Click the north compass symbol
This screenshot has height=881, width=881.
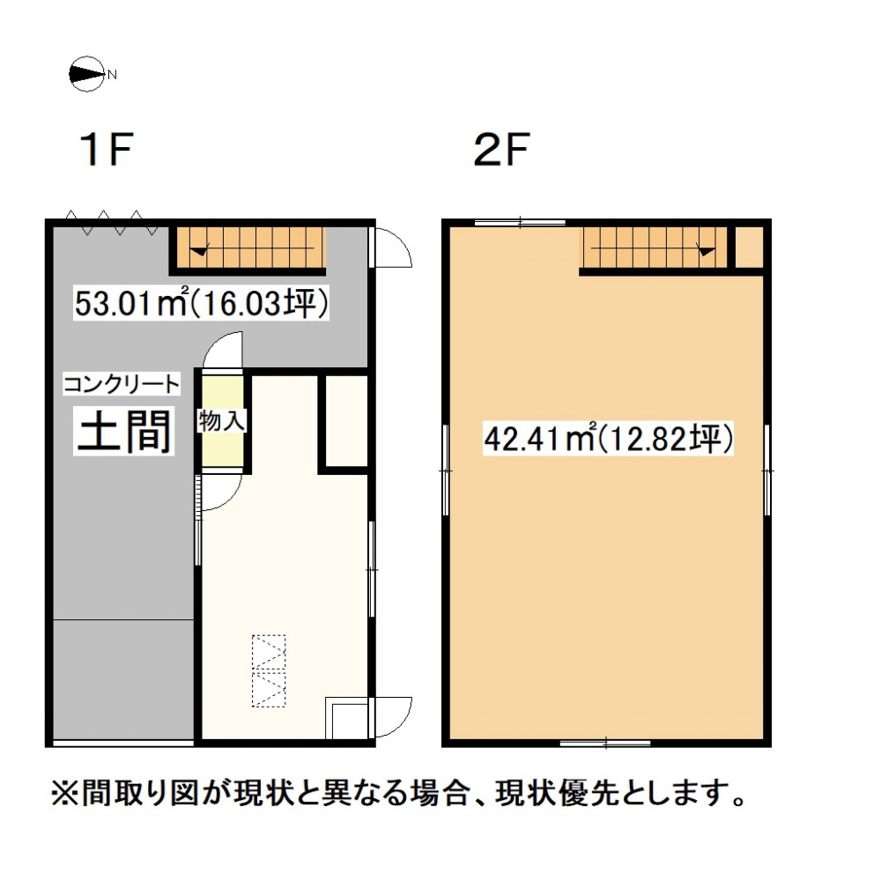87,74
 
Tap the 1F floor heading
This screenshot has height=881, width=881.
107,149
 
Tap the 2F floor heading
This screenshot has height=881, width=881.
502,149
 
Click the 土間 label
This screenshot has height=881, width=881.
124,432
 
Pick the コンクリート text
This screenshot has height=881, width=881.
122,385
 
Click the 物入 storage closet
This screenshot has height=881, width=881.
223,421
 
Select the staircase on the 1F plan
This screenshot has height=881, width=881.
248,248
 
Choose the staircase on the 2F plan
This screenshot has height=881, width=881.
655,248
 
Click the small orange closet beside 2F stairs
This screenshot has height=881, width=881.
749,248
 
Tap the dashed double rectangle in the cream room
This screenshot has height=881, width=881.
269,670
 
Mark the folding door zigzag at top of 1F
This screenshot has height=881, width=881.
111,223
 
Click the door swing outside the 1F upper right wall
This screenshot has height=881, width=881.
393,248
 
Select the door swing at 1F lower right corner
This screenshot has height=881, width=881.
393,717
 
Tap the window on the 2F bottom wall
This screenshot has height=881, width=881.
605,744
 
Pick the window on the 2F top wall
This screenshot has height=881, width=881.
520,223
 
